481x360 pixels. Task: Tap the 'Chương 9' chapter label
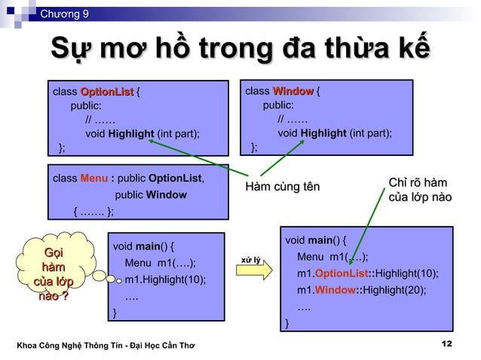[x=64, y=13]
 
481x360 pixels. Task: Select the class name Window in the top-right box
[x=293, y=92]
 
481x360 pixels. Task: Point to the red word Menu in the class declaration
[x=94, y=178]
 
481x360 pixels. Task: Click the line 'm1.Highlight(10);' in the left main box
[x=165, y=280]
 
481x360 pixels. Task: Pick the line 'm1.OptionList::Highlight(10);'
[x=367, y=273]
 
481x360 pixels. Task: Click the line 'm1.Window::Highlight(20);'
[x=361, y=290]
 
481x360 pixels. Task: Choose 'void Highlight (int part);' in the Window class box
[x=335, y=133]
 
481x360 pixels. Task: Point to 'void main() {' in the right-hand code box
[x=317, y=240]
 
